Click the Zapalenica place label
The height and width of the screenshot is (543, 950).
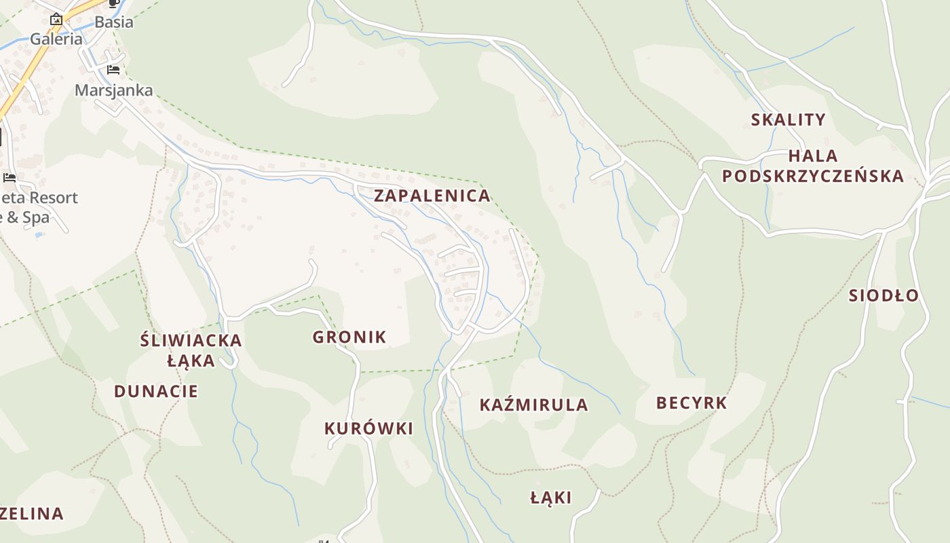(x=432, y=195)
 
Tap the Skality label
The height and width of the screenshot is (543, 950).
(x=788, y=120)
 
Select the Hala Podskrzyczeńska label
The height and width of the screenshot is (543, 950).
(x=812, y=166)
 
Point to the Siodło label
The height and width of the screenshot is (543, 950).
(x=883, y=295)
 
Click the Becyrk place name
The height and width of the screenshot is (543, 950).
(x=691, y=402)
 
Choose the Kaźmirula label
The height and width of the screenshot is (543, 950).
(x=533, y=405)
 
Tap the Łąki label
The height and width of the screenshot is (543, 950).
(x=550, y=498)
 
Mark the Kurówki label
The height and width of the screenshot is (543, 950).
(x=368, y=428)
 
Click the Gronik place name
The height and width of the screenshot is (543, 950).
(x=349, y=337)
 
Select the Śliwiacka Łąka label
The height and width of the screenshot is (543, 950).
(x=191, y=350)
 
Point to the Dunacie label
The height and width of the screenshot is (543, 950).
(x=155, y=391)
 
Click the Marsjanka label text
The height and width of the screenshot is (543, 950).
(x=113, y=90)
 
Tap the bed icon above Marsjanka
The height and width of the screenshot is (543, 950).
(x=113, y=70)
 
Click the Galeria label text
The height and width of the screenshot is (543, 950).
(x=56, y=39)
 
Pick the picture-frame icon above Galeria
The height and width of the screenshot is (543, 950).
(x=56, y=20)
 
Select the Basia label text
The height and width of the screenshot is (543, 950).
(x=114, y=22)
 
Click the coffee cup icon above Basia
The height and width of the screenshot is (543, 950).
(x=114, y=3)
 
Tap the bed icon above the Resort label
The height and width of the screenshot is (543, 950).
(x=9, y=178)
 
